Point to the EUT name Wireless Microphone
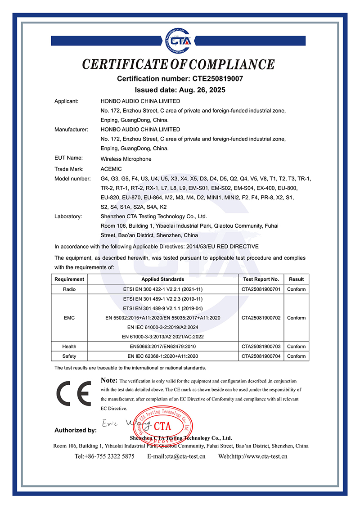[x=126, y=159]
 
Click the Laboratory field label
[x=68, y=216]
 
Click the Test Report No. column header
[x=261, y=279]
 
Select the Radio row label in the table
[x=69, y=289]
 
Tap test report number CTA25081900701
[x=261, y=289]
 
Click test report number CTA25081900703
[x=261, y=347]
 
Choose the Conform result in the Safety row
[x=297, y=356]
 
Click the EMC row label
[x=69, y=318]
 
